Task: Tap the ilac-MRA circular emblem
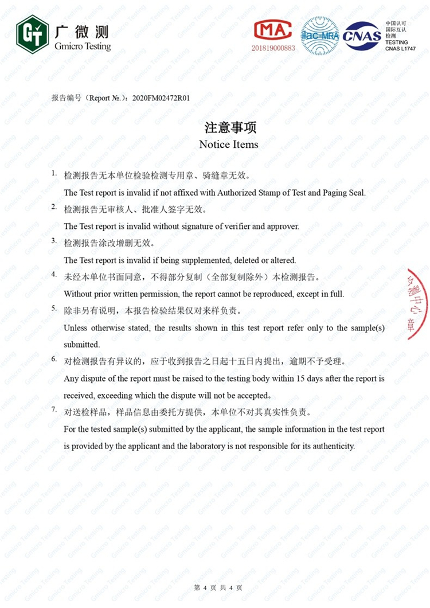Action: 320,35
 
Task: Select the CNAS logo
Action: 362,35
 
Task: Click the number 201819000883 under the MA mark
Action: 273,48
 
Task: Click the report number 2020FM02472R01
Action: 161,98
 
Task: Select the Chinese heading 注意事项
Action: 229,127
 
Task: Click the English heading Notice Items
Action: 229,145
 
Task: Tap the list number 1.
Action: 53,173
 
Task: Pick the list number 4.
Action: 53,275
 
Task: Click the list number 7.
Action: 53,410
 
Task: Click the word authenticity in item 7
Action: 333,446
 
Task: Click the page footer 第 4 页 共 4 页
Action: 218,588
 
